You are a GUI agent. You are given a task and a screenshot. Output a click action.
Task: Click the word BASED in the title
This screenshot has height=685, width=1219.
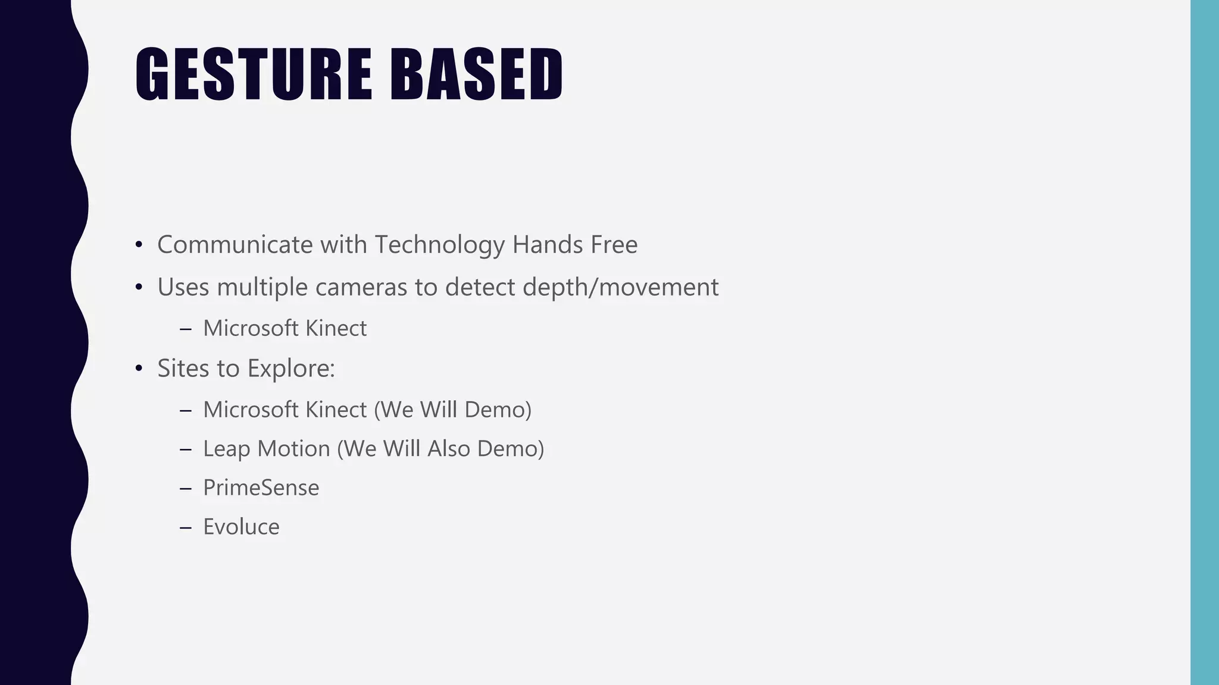tap(476, 74)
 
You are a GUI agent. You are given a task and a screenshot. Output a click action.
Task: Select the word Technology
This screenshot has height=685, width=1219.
tap(439, 245)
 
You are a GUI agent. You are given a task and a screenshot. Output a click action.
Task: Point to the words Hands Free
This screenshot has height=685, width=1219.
tap(574, 245)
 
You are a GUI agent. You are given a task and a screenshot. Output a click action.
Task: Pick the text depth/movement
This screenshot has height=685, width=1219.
tap(620, 288)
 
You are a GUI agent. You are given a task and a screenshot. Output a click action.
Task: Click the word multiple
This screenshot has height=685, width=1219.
tap(262, 288)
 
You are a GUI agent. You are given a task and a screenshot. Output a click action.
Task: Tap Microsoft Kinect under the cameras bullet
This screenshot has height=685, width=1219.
tap(285, 328)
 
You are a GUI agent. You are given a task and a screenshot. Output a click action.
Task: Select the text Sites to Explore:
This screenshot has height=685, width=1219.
tap(246, 369)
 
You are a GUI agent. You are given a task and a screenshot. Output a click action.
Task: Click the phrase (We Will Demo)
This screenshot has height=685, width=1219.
tap(452, 410)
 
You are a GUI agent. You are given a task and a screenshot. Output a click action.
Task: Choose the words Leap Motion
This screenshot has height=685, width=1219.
tap(266, 449)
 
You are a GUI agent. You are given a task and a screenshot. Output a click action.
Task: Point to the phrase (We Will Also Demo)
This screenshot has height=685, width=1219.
tap(440, 449)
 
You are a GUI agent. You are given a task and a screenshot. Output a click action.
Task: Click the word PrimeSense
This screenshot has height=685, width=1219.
tap(261, 488)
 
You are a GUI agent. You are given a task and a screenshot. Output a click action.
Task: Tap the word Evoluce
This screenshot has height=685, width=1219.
tap(241, 527)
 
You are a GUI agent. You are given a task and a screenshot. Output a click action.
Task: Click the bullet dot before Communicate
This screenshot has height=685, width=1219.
tap(139, 245)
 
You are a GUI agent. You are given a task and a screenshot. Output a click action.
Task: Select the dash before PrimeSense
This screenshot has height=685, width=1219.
tap(185, 489)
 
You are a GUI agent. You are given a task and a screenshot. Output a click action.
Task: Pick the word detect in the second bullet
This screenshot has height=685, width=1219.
tap(480, 288)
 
